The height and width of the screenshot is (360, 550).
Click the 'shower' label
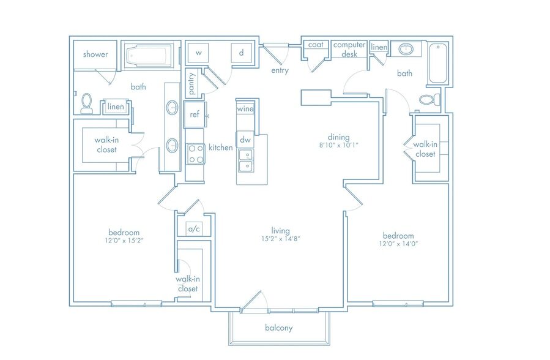[95, 54]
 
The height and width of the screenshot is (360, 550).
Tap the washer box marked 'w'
[198, 53]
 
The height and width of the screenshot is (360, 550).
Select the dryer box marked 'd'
[241, 53]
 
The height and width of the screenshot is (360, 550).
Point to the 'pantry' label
[191, 83]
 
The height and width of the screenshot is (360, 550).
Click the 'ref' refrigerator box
[195, 114]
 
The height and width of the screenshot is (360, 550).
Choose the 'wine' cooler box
[245, 109]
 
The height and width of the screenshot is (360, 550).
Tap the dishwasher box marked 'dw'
[245, 140]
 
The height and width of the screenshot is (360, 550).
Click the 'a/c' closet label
[194, 229]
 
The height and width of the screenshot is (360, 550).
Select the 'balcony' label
[278, 328]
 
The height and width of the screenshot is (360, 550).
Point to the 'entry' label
[280, 71]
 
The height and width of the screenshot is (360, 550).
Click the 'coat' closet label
[316, 45]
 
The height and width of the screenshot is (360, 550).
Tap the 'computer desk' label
[349, 50]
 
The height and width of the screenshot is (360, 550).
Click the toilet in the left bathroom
[87, 103]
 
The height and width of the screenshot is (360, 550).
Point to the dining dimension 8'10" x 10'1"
[338, 146]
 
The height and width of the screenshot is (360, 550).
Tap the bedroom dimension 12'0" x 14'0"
[398, 244]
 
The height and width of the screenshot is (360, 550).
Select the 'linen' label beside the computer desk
[379, 47]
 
